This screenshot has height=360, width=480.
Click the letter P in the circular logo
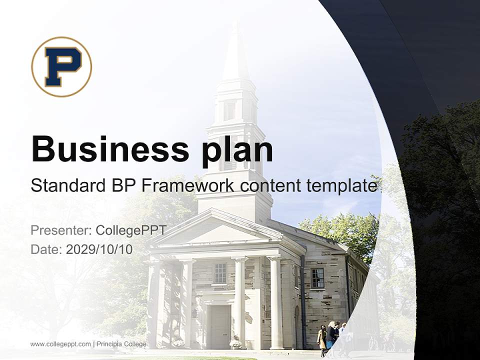pyautogui.click(x=61, y=66)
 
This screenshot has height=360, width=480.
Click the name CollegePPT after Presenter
pyautogui.click(x=130, y=230)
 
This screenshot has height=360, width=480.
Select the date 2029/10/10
pyautogui.click(x=99, y=249)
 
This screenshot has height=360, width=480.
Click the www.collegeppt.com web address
pyautogui.click(x=60, y=344)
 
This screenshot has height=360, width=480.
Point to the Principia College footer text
pyautogui.click(x=121, y=344)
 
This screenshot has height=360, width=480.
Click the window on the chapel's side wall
pyautogui.click(x=317, y=277)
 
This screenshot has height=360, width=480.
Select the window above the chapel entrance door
pyautogui.click(x=220, y=273)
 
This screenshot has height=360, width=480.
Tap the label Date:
pyautogui.click(x=46, y=249)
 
